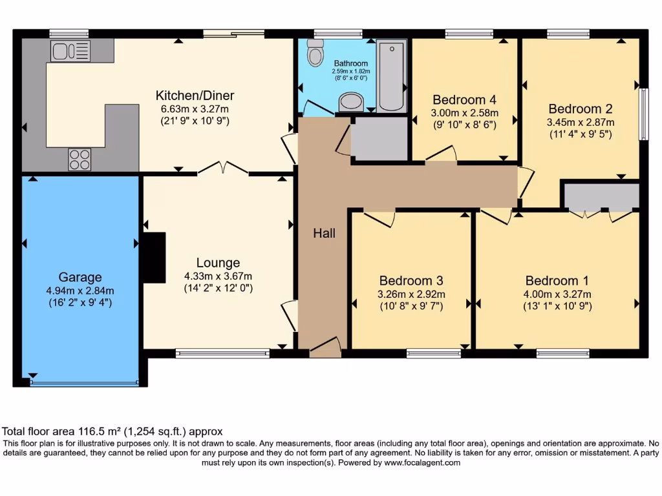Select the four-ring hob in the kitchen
point(80,159)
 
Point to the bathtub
point(391,76)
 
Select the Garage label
point(80,277)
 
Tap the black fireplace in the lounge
point(153,258)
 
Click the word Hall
point(324,233)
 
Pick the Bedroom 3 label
point(411,280)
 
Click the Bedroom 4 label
point(464,99)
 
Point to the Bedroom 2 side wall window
point(643,114)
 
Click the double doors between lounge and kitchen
point(223,169)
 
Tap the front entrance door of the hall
point(325,348)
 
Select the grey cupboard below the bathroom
point(379,138)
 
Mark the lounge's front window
point(222,353)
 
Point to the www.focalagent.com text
point(422,462)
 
